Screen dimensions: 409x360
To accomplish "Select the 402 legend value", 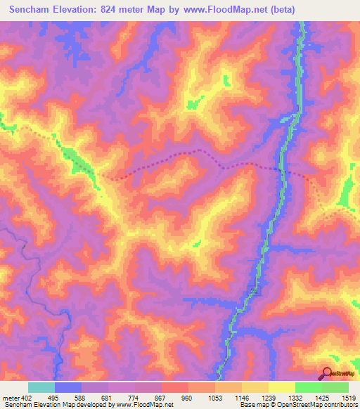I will (x=28, y=397).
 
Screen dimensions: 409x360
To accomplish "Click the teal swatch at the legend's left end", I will (x=41, y=387).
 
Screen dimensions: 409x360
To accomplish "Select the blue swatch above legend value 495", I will (x=68, y=387).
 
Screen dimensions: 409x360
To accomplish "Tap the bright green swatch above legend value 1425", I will (x=308, y=387).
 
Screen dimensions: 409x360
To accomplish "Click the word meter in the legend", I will (x=11, y=397).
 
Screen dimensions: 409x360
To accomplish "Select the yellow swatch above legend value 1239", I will (x=281, y=387).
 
